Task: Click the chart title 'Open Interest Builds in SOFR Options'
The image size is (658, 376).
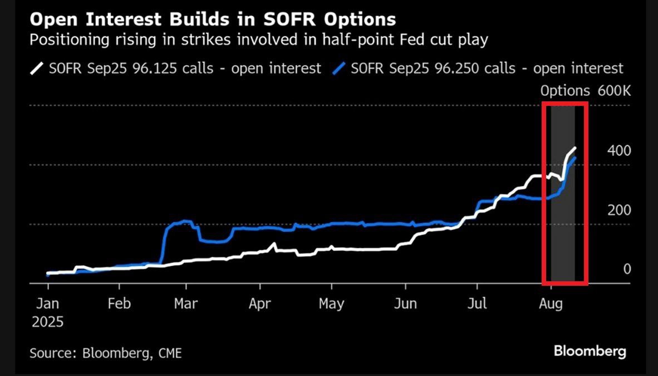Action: (212, 19)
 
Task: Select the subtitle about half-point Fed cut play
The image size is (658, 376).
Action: (258, 40)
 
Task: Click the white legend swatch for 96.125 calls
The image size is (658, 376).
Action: (37, 68)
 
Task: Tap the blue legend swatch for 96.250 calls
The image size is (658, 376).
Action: (339, 68)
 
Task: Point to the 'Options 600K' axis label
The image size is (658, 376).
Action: (586, 91)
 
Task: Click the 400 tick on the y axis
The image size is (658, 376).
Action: (619, 151)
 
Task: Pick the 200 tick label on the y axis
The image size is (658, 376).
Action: (619, 210)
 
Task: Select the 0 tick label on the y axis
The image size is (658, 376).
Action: (627, 269)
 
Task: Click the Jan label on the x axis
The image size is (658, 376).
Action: (47, 304)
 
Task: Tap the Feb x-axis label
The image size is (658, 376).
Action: (119, 304)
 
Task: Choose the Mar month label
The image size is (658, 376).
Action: (186, 304)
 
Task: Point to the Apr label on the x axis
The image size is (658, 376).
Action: (260, 304)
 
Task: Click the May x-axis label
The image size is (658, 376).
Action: (332, 304)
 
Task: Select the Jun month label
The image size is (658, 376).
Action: (405, 304)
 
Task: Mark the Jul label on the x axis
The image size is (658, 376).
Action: (477, 304)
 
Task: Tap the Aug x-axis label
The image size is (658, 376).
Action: (551, 304)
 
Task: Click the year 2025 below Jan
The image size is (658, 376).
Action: (47, 322)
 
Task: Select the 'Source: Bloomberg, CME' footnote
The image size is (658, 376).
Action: (106, 353)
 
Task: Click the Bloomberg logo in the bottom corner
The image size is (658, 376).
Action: (590, 351)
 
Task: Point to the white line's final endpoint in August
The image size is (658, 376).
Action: (575, 148)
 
